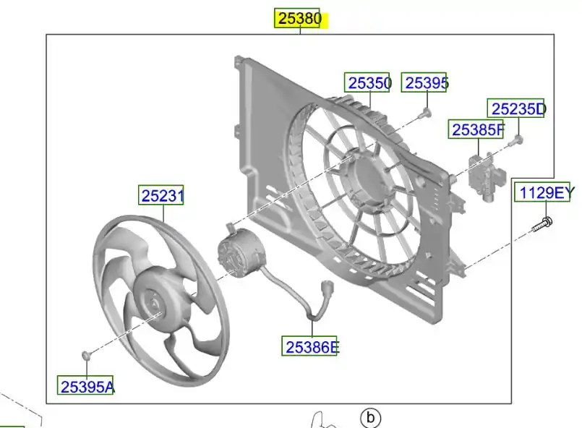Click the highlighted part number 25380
pyautogui.click(x=299, y=18)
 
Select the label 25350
pyautogui.click(x=367, y=82)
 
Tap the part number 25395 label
pyautogui.click(x=424, y=82)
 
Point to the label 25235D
pyautogui.click(x=517, y=108)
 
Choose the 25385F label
pyautogui.click(x=476, y=129)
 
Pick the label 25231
pyautogui.click(x=161, y=195)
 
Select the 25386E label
pyautogui.click(x=310, y=346)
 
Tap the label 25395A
pyautogui.click(x=86, y=385)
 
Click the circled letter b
pyautogui.click(x=370, y=418)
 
